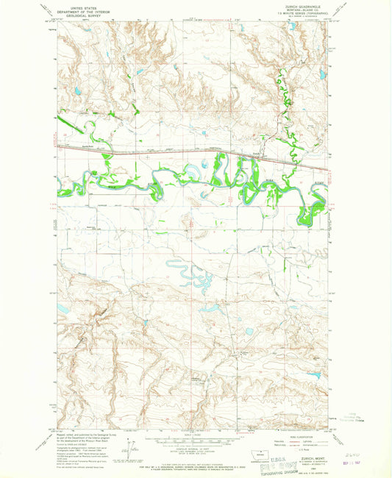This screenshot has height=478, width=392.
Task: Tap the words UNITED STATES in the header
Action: click(x=82, y=4)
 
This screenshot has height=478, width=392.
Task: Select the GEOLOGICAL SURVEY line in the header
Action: click(x=82, y=13)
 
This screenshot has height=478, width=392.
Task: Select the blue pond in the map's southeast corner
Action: click(x=314, y=375)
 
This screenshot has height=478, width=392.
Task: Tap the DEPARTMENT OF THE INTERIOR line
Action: click(x=82, y=8)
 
